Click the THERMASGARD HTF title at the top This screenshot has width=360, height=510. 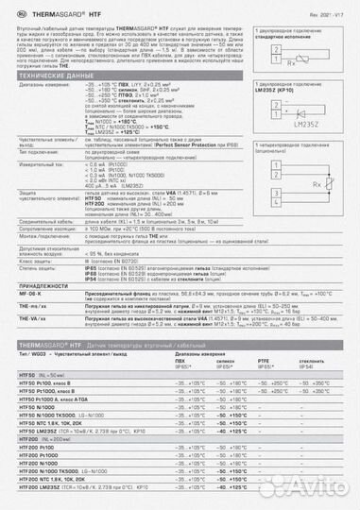(48, 10)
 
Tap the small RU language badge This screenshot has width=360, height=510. (9, 10)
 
